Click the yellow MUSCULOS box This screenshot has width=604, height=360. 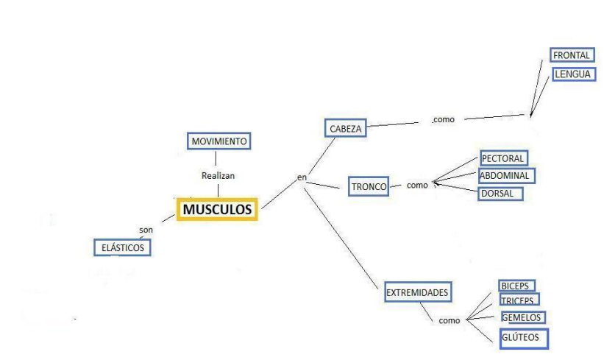tap(217, 210)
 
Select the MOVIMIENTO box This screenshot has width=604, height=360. tap(218, 141)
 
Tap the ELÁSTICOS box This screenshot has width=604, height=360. tap(122, 247)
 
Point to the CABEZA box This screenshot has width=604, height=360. tap(344, 128)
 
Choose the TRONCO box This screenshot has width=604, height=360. tap(369, 187)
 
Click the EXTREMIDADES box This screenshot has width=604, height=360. tap(417, 293)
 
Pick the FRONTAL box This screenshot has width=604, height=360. tap(572, 55)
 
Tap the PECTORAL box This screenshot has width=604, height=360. tap(503, 158)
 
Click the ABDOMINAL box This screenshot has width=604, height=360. tap(505, 176)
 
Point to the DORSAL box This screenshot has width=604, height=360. tap(501, 194)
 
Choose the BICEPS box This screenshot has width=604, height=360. tap(516, 286)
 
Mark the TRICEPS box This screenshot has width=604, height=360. tap(519, 300)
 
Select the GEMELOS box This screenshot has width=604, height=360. tap(522, 317)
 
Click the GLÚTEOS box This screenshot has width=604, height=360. tap(522, 338)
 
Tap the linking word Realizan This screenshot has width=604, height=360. tap(218, 176)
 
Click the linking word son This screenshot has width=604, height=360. tap(146, 230)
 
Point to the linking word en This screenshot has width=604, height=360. tap(301, 177)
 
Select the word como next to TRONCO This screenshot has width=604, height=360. tap(417, 186)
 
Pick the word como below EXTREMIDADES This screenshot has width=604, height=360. tap(450, 321)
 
